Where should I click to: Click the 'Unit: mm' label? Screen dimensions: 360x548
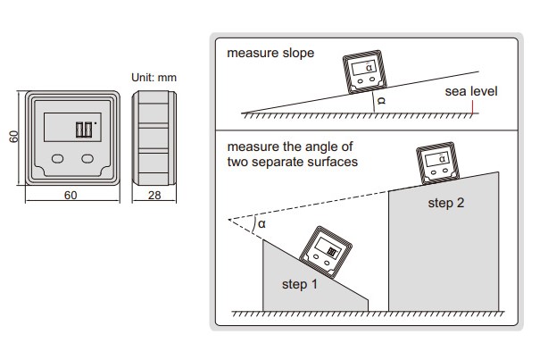click(154, 78)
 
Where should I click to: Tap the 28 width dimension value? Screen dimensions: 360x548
click(154, 194)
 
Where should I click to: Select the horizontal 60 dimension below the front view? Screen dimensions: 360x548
click(71, 194)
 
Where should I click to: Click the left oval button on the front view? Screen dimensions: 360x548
click(57, 158)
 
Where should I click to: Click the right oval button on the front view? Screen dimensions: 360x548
click(87, 158)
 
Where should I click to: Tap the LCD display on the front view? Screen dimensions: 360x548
click(71, 127)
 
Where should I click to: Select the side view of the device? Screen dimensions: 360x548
click(154, 137)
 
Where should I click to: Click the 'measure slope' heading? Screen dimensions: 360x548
click(270, 53)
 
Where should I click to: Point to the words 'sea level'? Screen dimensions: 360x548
click(471, 92)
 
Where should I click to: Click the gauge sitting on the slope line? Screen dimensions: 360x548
click(365, 72)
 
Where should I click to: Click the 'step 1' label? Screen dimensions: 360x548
click(300, 286)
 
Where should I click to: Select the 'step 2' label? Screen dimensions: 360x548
click(446, 203)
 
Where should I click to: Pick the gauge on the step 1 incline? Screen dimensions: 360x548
click(323, 250)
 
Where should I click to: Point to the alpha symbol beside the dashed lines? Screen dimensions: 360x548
click(262, 224)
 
